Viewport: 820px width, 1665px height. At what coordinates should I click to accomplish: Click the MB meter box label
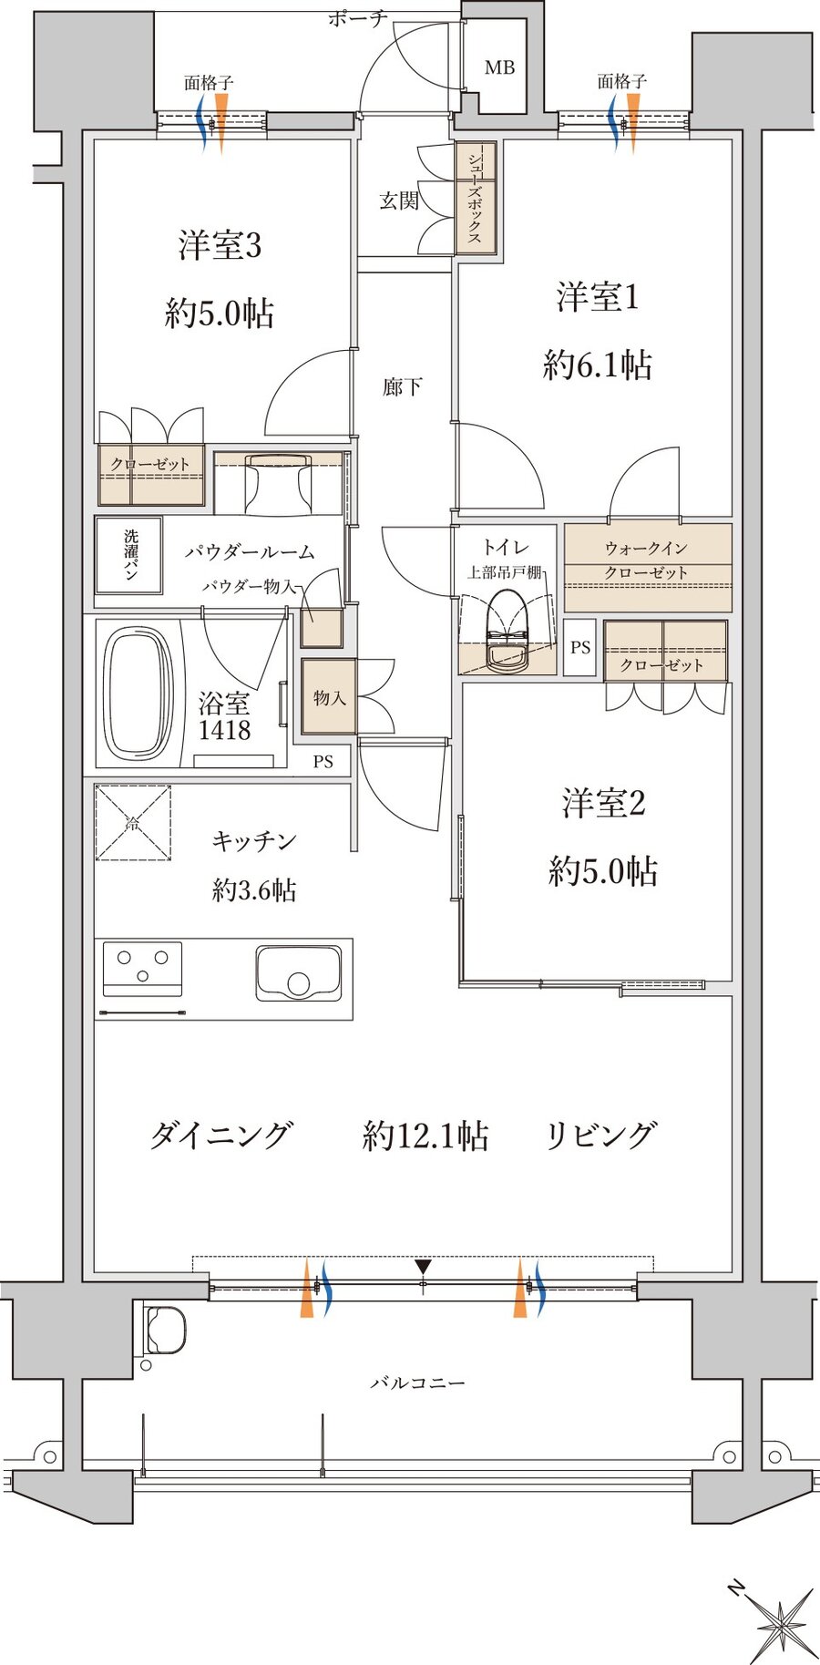point(499,67)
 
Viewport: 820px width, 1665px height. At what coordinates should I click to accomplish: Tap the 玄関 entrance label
point(399,200)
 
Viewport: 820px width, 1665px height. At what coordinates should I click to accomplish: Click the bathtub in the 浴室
point(138,692)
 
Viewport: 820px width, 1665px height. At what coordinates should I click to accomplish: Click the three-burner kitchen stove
point(142,967)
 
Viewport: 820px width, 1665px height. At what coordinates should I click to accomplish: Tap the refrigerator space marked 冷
point(133,823)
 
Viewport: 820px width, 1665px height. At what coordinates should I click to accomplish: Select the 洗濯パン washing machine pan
point(129,555)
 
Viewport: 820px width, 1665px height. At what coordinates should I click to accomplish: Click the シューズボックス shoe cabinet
point(476,198)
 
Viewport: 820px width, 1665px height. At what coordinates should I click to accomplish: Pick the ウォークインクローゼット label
point(647,560)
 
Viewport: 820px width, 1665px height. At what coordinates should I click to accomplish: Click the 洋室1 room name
point(598,298)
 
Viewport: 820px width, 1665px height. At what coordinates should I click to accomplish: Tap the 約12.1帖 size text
point(425,1136)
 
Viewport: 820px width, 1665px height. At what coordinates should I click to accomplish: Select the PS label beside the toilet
point(580,648)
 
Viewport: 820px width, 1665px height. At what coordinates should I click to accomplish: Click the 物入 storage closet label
point(329,697)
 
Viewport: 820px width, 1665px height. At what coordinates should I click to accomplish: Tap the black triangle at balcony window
point(423,1267)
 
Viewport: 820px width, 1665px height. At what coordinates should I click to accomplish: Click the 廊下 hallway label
point(402,387)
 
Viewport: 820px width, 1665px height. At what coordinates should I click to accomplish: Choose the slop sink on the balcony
point(165,1331)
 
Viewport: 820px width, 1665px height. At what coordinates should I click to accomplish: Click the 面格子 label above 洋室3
point(209,83)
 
